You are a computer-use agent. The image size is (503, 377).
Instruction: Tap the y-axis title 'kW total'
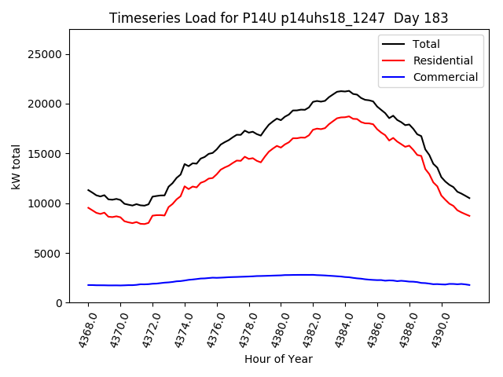click(x=17, y=166)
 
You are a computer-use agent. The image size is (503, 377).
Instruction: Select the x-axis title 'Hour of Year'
click(x=278, y=359)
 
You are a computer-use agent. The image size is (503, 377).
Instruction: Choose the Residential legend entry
click(x=442, y=60)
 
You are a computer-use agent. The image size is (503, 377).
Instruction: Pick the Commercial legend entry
click(x=445, y=77)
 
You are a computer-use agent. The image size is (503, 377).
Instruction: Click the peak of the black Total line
click(x=348, y=91)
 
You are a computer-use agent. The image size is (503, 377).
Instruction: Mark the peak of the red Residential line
click(x=348, y=116)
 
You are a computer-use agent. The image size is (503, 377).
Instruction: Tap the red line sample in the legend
click(x=394, y=60)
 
